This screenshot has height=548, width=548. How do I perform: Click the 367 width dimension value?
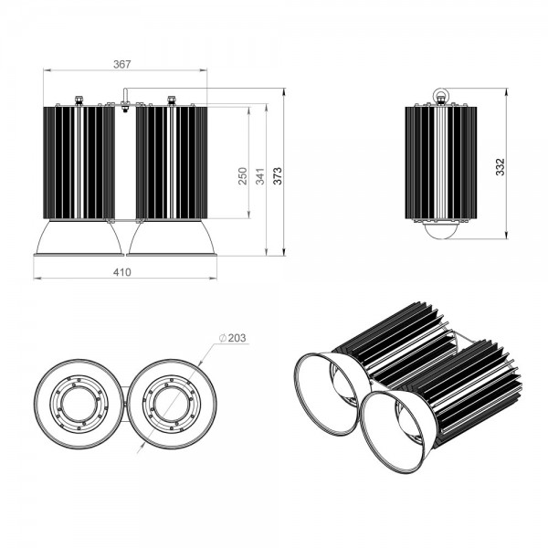coord(122,64)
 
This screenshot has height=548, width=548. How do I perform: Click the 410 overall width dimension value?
coord(122,272)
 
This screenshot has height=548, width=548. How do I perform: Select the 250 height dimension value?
coord(243,176)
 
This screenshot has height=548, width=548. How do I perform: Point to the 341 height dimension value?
coord(260,176)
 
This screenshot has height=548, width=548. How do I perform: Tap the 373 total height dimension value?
coord(277,176)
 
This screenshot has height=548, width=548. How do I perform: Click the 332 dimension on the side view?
coord(501,167)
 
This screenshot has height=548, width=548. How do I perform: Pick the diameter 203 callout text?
coord(232,338)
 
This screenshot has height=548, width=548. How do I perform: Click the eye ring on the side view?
coord(440,94)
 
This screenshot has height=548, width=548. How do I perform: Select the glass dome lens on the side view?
coord(441,230)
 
